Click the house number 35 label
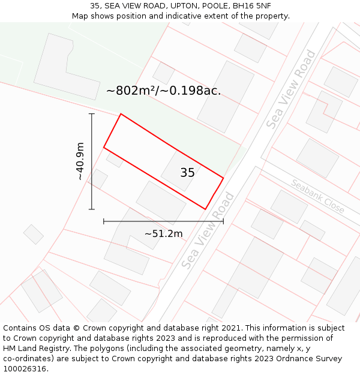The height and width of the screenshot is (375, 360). coord(187,173)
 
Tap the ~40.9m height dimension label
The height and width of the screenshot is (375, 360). coord(80,161)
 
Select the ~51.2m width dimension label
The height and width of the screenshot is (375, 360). coord(163,233)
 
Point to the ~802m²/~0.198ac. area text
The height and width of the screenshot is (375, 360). coord(163,91)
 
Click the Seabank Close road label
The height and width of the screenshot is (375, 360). coord(318,196)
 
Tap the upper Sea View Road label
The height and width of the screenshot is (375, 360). coord(291,89)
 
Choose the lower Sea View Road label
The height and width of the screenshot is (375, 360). coord(207,231)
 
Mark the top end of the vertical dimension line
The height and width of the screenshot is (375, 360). coord(92,113)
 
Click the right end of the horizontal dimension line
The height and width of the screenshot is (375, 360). coord(223,221)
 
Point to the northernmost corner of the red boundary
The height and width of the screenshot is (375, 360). coord(121,114)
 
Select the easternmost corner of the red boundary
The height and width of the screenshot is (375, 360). coord(223,178)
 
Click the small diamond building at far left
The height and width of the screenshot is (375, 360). coord(34,234)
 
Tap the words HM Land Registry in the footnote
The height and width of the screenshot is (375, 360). coord(33,349)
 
